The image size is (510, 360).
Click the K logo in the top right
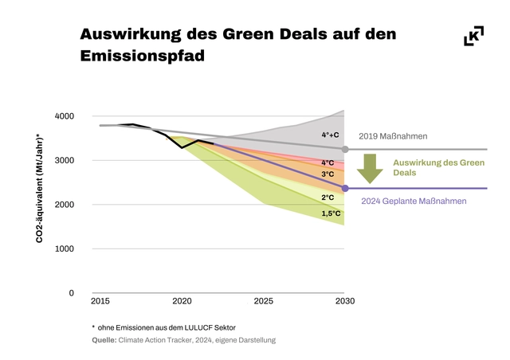pyautogui.click(x=473, y=36)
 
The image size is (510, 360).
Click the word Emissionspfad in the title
pyautogui.click(x=143, y=57)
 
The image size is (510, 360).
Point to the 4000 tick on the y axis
pyautogui.click(x=65, y=116)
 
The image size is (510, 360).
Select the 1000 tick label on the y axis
pyautogui.click(x=65, y=248)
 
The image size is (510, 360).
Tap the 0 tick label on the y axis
pyautogui.click(x=71, y=293)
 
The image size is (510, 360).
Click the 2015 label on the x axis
pyautogui.click(x=100, y=301)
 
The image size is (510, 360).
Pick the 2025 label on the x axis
pyautogui.click(x=263, y=301)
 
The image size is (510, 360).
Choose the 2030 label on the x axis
pyautogui.click(x=344, y=301)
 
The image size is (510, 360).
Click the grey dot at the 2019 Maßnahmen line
pyautogui.click(x=345, y=150)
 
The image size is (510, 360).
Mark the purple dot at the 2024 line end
pyautogui.click(x=345, y=189)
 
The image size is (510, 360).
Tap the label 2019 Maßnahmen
pyautogui.click(x=393, y=137)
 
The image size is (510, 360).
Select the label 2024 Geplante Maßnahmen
pyautogui.click(x=414, y=202)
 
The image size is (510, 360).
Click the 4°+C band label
pyautogui.click(x=330, y=135)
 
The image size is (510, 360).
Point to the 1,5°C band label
pyautogui.click(x=331, y=213)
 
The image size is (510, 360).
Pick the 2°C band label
pyautogui.click(x=328, y=198)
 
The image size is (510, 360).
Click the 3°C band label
pyautogui.click(x=328, y=174)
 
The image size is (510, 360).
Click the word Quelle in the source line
pyautogui.click(x=104, y=340)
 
